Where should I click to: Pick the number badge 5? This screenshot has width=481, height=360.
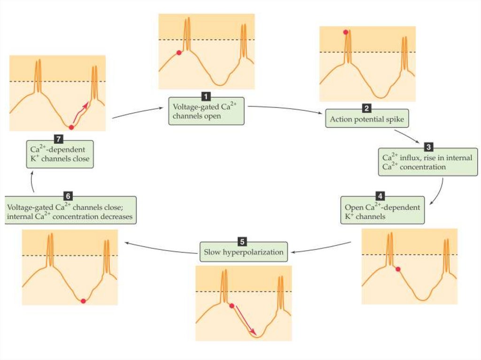pos(242,242)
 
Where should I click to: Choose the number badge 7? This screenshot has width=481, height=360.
pos(59,140)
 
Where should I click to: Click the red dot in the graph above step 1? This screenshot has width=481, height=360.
pos(178,53)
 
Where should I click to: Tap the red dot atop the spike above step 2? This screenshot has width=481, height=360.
pos(346,32)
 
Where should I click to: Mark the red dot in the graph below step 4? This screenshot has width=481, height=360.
pos(398,269)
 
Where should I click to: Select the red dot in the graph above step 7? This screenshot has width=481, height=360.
pos(71,128)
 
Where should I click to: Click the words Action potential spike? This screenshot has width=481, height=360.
pos(366,119)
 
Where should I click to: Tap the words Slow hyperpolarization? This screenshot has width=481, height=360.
pos(244,253)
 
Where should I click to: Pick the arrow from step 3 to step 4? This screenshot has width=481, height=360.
pos(439,190)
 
